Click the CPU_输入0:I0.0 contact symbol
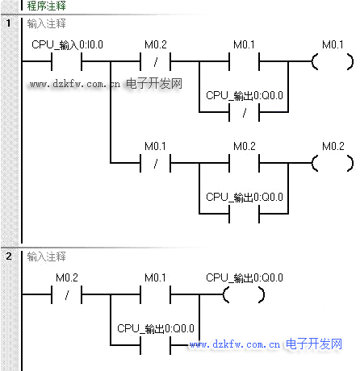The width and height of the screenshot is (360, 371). (67, 61)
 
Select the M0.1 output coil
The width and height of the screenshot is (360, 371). (333, 61)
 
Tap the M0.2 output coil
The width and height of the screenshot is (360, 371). (333, 163)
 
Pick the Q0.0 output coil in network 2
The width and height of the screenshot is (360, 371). (244, 294)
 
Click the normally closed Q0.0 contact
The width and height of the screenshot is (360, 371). (244, 112)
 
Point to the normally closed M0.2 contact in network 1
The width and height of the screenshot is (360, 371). (156, 61)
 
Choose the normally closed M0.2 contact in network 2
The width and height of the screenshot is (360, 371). (67, 294)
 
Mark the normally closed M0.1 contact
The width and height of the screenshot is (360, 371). (156, 163)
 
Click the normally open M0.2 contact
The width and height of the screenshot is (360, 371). (244, 163)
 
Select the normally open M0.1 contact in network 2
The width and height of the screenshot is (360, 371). (156, 294)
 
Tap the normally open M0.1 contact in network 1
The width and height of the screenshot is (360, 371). (244, 61)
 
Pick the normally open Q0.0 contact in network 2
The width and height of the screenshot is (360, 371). (156, 345)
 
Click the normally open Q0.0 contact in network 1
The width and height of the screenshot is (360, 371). (244, 214)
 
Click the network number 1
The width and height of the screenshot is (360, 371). (9, 23)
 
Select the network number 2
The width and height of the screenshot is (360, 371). (9, 256)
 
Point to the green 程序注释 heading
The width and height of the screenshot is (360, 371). (46, 6)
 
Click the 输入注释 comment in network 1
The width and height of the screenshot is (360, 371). (46, 23)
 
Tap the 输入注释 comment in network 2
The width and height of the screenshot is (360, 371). (46, 256)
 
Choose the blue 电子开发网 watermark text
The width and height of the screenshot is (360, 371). (314, 344)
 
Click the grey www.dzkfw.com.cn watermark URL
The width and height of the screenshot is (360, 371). (75, 84)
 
